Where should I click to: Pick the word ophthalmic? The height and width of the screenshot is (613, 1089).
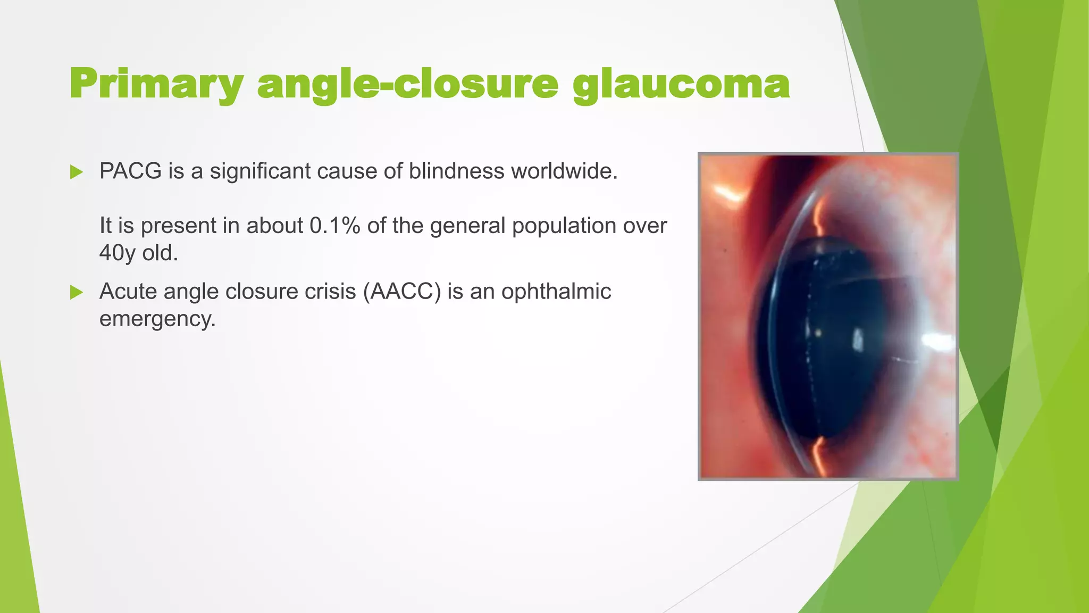coord(556,292)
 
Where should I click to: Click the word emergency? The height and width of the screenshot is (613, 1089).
coord(157,319)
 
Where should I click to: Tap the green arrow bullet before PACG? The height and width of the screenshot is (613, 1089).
coord(77,172)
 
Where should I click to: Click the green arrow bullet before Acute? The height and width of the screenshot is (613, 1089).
coord(77,292)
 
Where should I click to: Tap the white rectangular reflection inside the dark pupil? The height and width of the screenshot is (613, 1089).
coord(858,339)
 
